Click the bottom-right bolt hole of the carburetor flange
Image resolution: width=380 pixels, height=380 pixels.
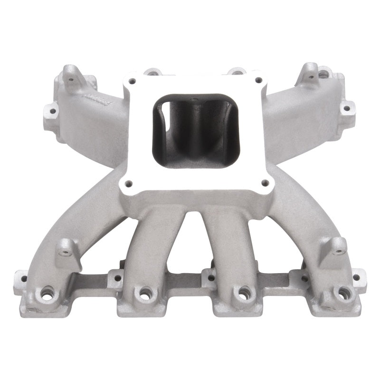pos(266,182)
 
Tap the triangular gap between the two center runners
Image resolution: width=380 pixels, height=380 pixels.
pos(194,247)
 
